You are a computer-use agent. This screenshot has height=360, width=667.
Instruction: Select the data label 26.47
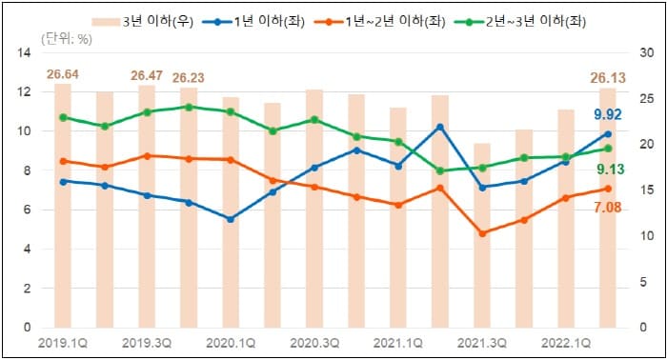tap(148, 74)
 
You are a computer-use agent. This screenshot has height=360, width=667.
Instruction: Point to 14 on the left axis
tap(25, 53)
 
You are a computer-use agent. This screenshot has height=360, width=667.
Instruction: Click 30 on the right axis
tap(644, 53)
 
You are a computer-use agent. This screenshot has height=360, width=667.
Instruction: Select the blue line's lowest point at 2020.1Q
tap(231, 219)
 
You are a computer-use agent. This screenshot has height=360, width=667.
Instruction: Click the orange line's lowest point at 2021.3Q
tap(482, 233)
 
